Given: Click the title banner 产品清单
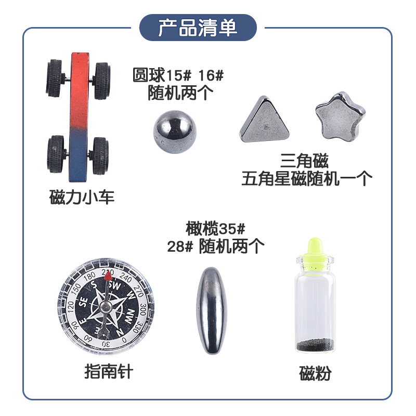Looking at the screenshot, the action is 198,28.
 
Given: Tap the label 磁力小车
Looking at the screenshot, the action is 82,197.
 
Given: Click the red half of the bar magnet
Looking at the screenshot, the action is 79,89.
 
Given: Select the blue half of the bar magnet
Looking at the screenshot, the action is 78,154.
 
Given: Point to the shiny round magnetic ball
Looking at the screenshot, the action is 175,132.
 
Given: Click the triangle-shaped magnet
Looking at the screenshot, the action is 264,120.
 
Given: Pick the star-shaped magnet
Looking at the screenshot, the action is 340,116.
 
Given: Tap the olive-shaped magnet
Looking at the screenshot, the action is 212,310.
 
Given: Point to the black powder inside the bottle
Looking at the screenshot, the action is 315,345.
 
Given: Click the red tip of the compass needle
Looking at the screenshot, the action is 108,276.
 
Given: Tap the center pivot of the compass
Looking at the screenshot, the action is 106,308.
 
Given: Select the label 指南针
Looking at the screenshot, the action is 109,371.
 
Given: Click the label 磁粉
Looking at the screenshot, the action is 315,373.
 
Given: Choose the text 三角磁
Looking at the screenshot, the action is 304,161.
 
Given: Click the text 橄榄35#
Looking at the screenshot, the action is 215,228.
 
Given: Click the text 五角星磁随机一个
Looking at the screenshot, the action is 307,178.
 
